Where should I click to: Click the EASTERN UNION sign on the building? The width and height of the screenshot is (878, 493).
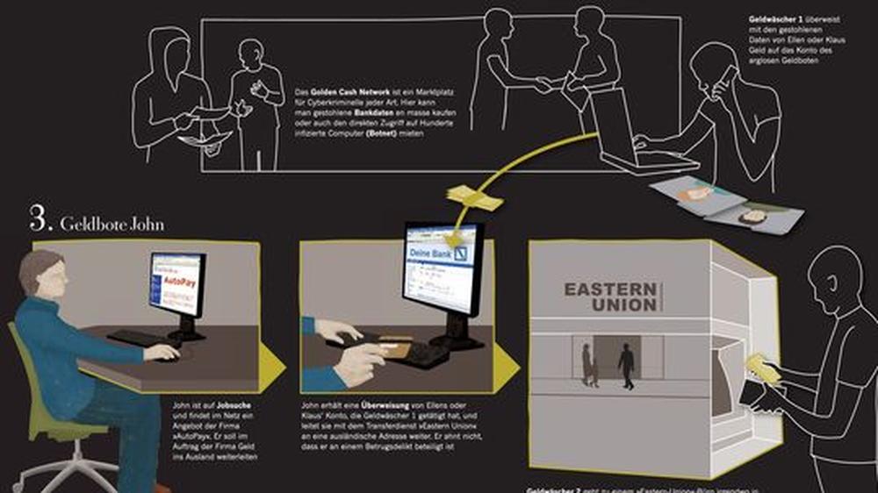click(x=609, y=297)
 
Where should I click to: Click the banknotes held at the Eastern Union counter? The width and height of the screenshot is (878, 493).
click(x=762, y=369)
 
